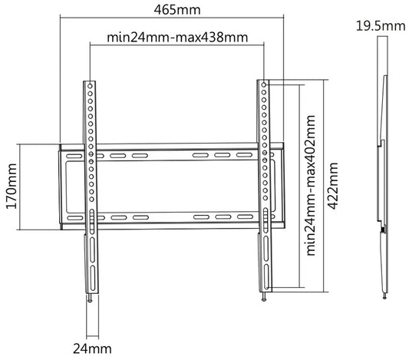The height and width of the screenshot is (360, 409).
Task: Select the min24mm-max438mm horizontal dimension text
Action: click(176, 37)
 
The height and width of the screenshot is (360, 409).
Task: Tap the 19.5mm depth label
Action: click(381, 28)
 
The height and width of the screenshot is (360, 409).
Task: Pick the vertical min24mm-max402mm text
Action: click(311, 185)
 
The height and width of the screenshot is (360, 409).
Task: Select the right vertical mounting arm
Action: click(265, 184)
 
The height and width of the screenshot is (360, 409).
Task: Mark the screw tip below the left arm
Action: click(91, 298)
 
